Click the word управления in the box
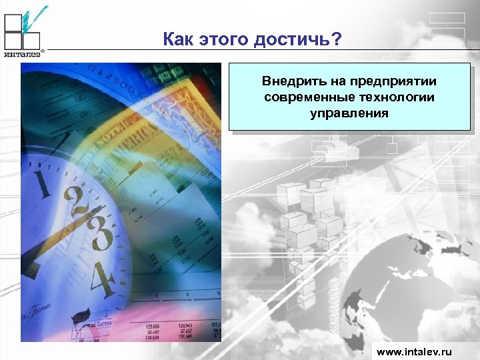pyautogui.click(x=349, y=113)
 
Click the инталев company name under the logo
pyautogui.click(x=22, y=55)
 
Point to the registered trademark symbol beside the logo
pyautogui.click(x=43, y=51)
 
